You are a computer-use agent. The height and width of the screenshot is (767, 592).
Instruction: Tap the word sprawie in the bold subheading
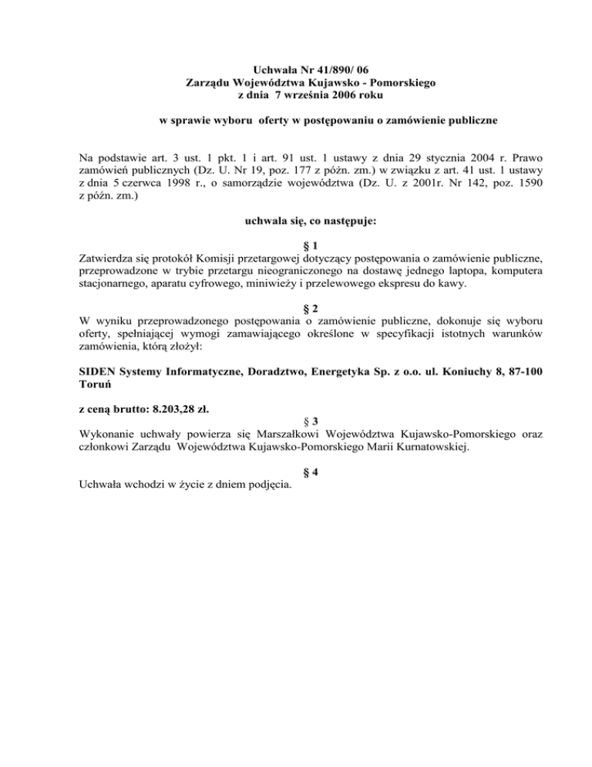coord(197,120)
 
